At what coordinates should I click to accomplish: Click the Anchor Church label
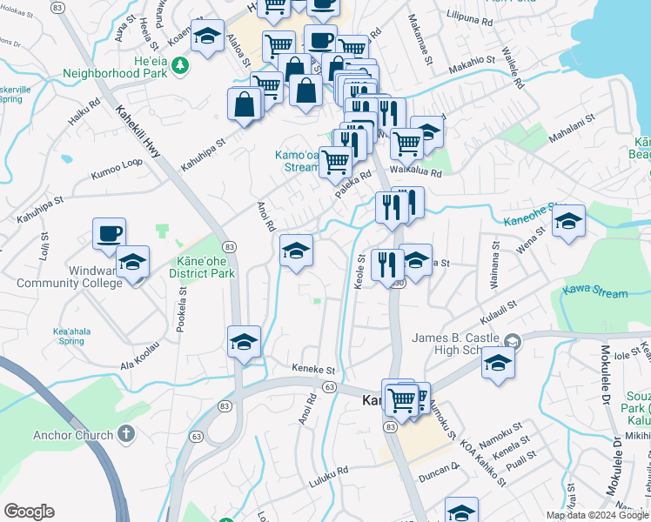[73, 435]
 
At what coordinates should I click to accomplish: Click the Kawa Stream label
[595, 292]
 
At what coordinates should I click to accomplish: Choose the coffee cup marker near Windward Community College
[110, 233]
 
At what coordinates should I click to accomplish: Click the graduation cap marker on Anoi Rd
[296, 251]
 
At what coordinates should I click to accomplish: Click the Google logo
[29, 512]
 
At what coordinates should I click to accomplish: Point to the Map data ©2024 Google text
[596, 515]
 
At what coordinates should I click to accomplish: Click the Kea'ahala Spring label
[73, 336]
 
